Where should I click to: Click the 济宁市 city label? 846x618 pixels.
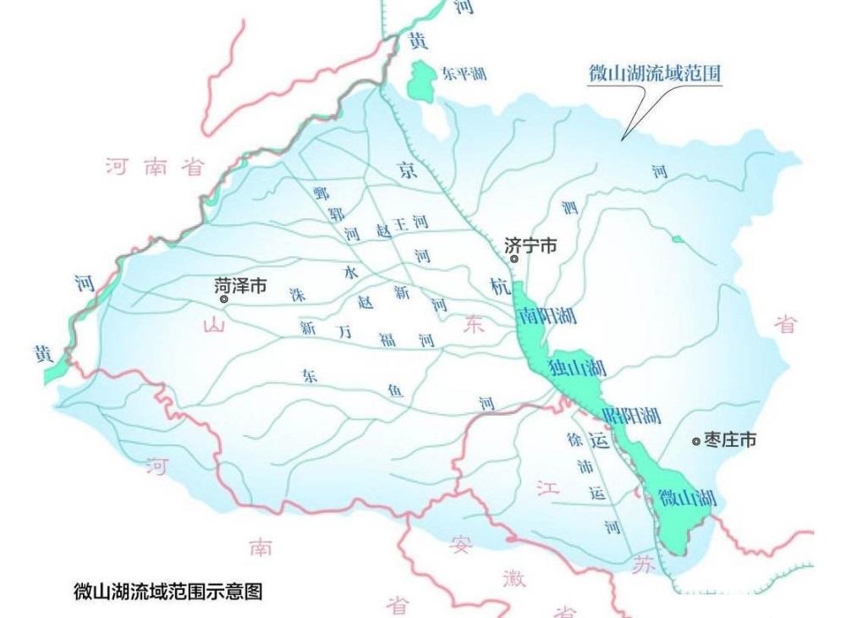531,246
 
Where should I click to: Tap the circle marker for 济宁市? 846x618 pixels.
514,259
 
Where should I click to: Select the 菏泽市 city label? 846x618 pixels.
241,286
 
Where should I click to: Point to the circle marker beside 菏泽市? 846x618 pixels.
224,299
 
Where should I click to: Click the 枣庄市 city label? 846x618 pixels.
730,440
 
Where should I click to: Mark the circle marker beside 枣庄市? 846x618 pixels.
696,441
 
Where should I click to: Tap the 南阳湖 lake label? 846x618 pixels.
548,317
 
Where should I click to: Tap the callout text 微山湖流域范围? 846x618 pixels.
655,74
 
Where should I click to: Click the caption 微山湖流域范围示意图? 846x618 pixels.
168,591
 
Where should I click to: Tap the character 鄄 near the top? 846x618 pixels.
321,192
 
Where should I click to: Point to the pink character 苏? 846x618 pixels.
645,566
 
